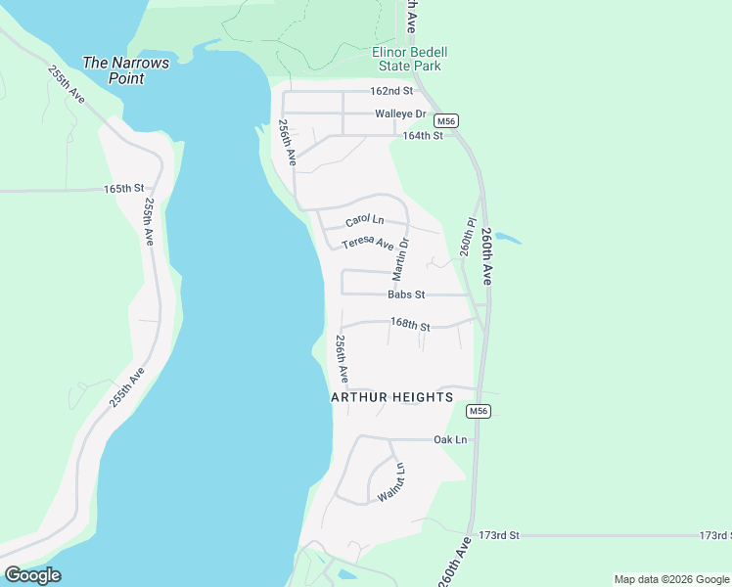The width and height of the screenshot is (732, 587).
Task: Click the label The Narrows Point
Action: [125, 70]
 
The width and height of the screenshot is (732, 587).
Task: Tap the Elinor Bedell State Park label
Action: [407, 59]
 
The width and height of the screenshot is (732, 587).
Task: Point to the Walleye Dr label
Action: [398, 113]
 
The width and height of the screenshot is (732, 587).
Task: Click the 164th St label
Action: [423, 135]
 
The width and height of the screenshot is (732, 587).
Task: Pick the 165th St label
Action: [124, 188]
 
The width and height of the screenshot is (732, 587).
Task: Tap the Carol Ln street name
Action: [364, 222]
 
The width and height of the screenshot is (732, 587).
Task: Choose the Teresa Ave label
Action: [367, 244]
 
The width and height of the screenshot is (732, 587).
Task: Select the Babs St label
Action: [405, 294]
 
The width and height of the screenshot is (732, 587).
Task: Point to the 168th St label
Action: [410, 323]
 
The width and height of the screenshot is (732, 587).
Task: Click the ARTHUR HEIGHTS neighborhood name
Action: [391, 397]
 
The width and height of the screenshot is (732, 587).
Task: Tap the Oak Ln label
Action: [450, 440]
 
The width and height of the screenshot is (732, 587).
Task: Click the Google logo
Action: [32, 574]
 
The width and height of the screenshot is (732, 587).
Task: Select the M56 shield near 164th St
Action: [446, 120]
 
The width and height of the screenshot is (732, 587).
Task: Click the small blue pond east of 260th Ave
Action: [507, 238]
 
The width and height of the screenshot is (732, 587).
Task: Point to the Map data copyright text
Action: [670, 579]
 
